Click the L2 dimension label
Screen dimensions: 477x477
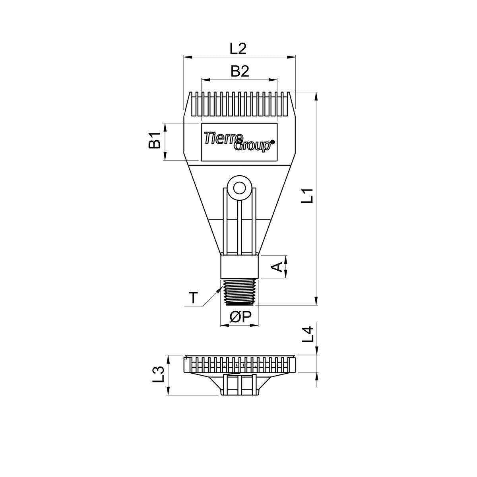pyautogui.click(x=238, y=49)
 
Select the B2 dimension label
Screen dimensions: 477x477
pyautogui.click(x=239, y=72)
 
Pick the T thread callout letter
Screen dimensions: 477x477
pyautogui.click(x=193, y=298)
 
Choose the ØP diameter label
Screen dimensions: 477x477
pyautogui.click(x=240, y=317)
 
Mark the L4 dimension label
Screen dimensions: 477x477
pyautogui.click(x=308, y=334)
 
